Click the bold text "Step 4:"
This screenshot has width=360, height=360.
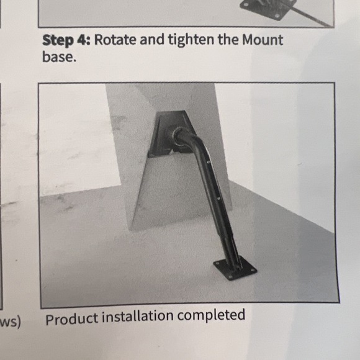point(66,40)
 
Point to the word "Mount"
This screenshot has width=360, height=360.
point(263,40)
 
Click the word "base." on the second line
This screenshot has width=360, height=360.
point(59,56)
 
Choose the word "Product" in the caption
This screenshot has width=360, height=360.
point(72,318)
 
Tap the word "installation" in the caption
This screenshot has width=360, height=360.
point(138,316)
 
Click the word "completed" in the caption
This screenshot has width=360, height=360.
point(211,315)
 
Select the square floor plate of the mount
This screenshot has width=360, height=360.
point(235,269)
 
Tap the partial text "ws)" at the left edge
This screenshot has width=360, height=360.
point(11,322)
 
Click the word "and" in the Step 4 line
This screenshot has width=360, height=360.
point(152,40)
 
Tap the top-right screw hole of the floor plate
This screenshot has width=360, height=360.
point(253,270)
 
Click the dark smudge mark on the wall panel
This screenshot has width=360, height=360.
point(119,122)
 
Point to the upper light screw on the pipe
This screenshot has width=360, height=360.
point(209,162)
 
